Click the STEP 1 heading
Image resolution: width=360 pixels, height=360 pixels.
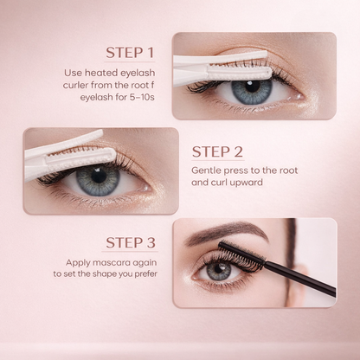click(130, 52)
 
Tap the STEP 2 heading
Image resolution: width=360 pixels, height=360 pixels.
click(223, 152)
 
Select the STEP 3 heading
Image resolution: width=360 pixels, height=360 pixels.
click(130, 242)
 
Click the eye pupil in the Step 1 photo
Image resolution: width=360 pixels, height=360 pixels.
click(252, 89)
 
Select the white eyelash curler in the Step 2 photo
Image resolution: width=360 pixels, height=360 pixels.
click(69, 154)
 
